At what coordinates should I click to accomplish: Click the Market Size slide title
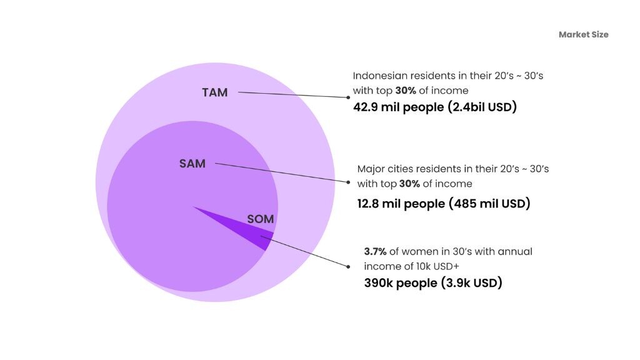coord(583,34)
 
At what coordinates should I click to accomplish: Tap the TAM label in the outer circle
coord(214,92)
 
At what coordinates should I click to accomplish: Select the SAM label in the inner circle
coord(192,164)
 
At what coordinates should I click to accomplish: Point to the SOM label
coord(260,219)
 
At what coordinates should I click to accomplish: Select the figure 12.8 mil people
coord(401,203)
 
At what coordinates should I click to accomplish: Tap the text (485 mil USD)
coord(489,203)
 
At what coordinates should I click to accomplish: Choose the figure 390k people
coord(401,283)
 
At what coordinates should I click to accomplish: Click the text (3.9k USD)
coord(471,283)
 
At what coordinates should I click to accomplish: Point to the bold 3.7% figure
coord(375,251)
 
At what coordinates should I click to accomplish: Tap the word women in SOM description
coord(419,251)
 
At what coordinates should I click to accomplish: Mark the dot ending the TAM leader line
coord(348,97)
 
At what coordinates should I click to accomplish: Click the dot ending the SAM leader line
coord(348,182)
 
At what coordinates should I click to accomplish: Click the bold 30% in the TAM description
coord(405,90)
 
